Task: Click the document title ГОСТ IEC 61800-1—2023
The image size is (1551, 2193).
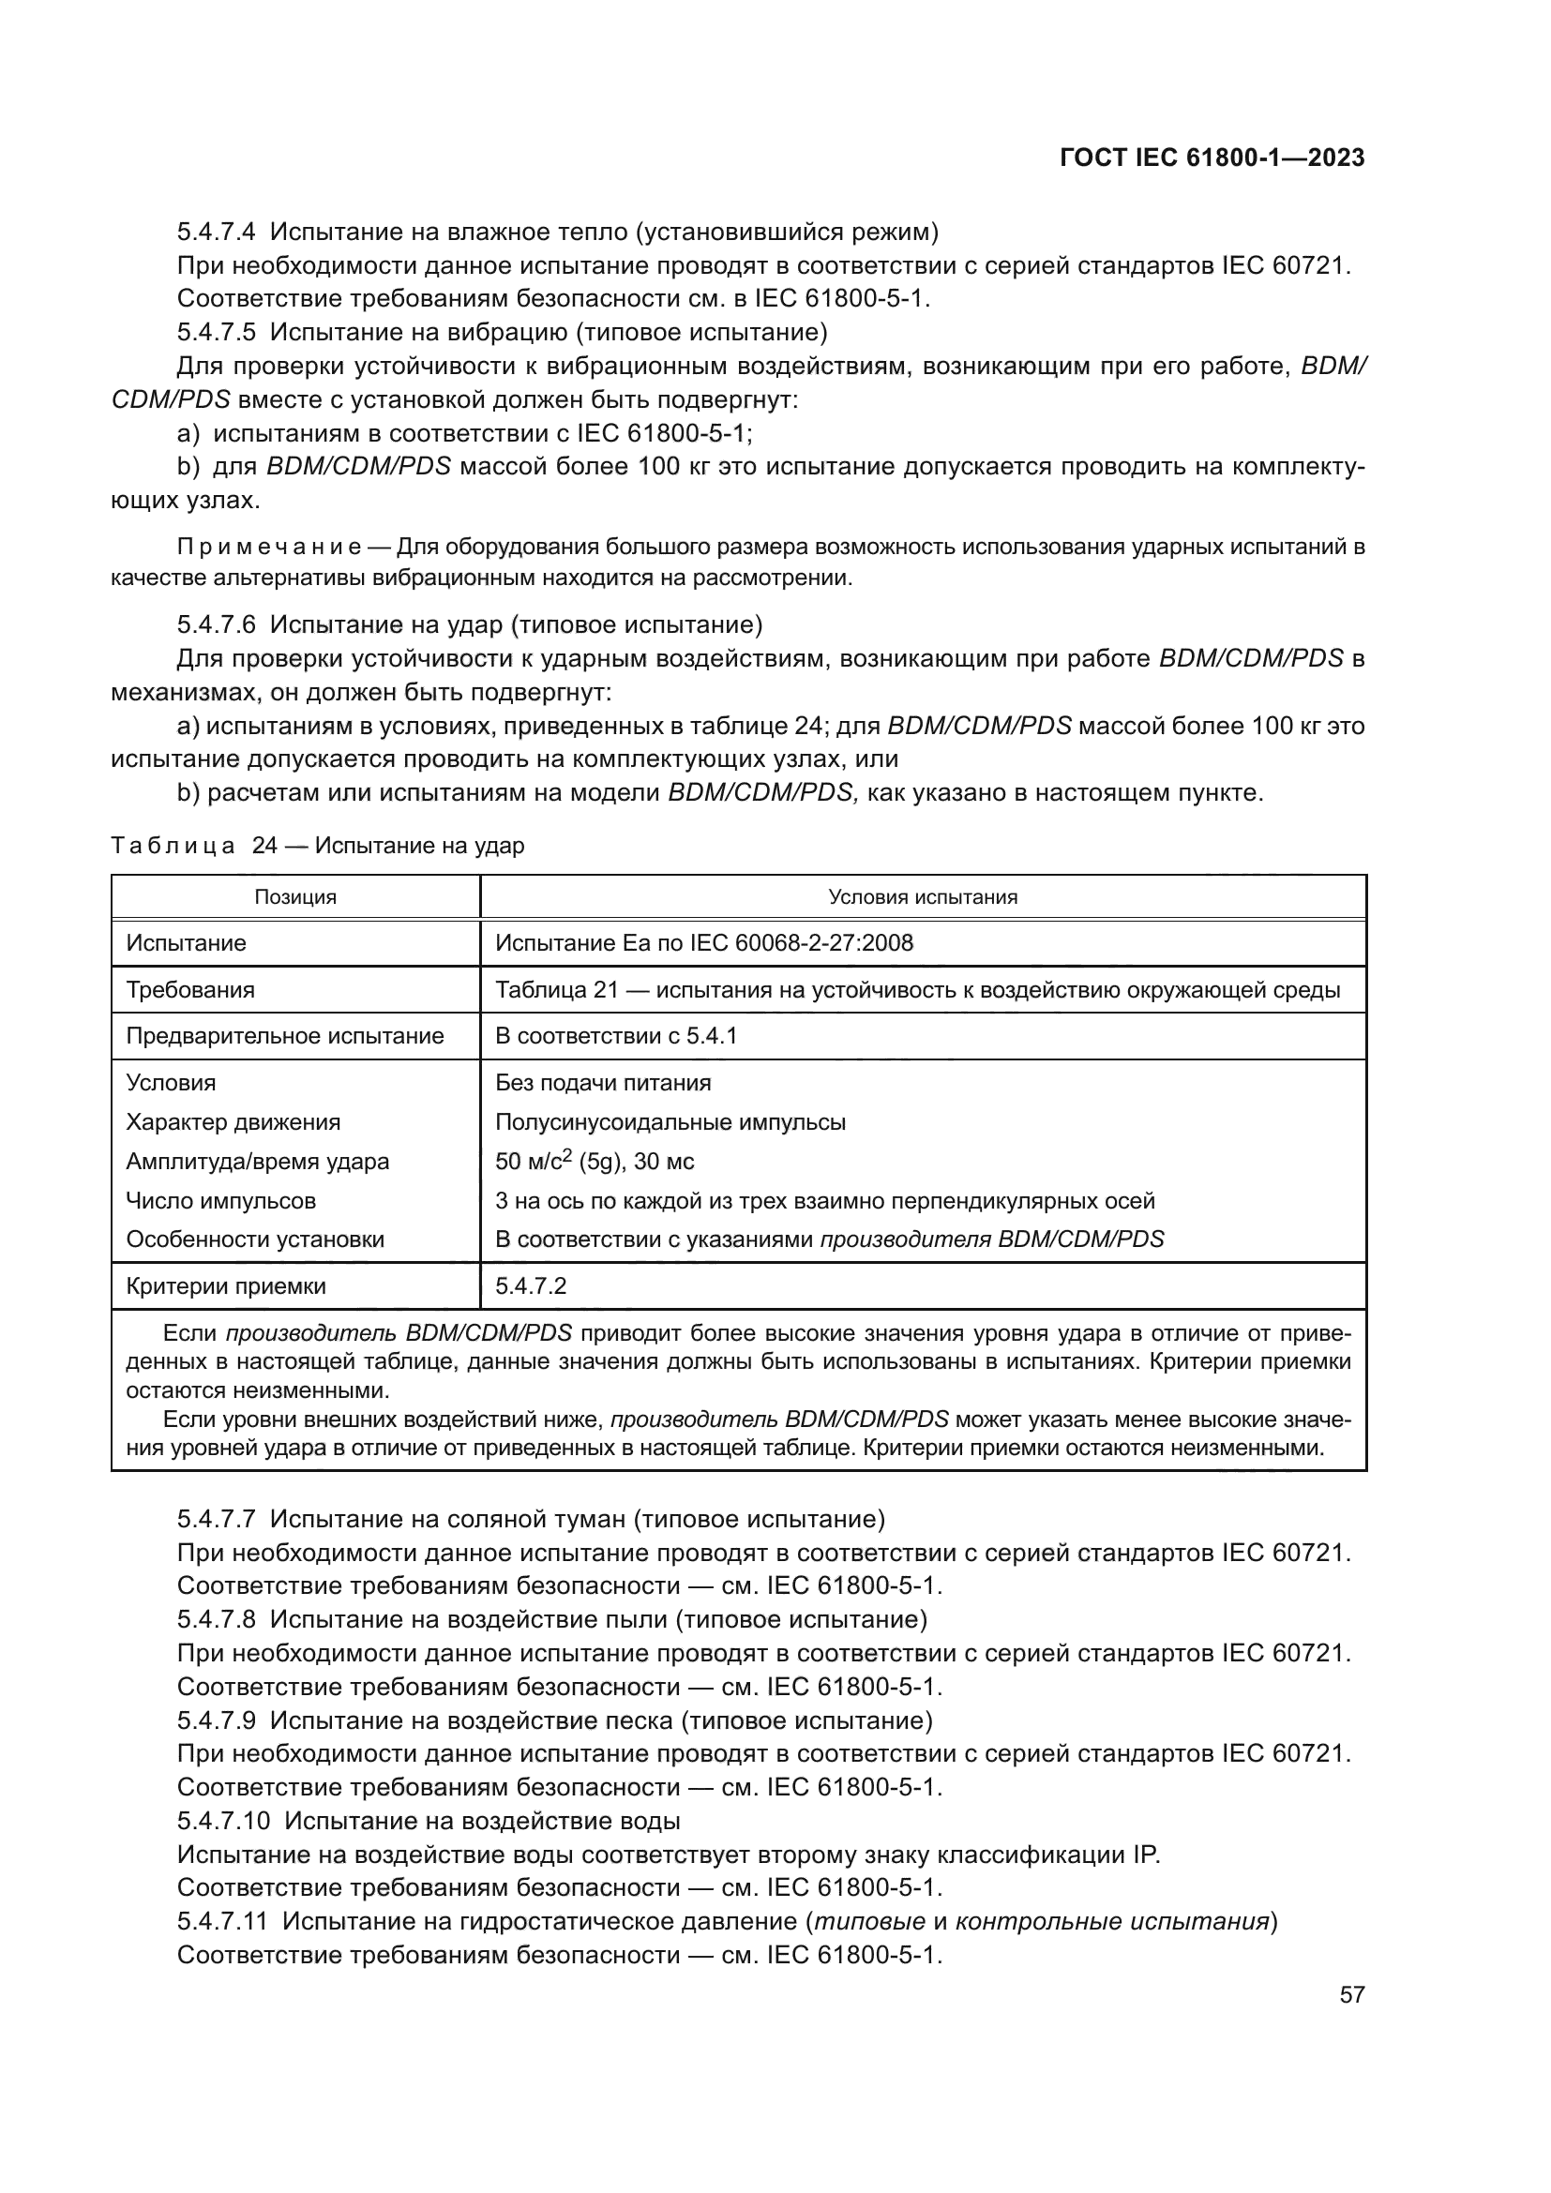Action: pyautogui.click(x=1212, y=158)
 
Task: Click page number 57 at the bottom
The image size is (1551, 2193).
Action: pyautogui.click(x=1351, y=1994)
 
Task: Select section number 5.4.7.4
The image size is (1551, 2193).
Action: pyautogui.click(x=216, y=233)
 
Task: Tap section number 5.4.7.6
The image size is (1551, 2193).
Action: pyautogui.click(x=216, y=624)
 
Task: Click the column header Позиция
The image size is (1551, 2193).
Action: pyautogui.click(x=295, y=897)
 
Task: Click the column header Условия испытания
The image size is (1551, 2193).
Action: pyautogui.click(x=923, y=897)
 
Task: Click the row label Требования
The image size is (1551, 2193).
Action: pyautogui.click(x=190, y=989)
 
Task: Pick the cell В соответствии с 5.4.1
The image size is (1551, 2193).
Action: pyautogui.click(x=616, y=1036)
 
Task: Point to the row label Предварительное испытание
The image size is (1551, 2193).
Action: pyautogui.click(x=285, y=1036)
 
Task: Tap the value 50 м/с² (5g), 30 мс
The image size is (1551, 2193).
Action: pyautogui.click(x=594, y=1162)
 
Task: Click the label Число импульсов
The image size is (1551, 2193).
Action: pyautogui.click(x=220, y=1201)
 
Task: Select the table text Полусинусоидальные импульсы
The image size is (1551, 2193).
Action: pyautogui.click(x=670, y=1122)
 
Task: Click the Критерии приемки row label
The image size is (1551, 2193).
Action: pyautogui.click(x=225, y=1285)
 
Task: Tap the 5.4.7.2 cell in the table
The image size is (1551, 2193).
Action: pyautogui.click(x=531, y=1285)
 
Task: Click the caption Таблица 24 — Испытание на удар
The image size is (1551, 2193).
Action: pyautogui.click(x=317, y=846)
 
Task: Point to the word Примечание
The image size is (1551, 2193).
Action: pyautogui.click(x=268, y=548)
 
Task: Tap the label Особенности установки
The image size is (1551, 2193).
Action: pyautogui.click(x=255, y=1239)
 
